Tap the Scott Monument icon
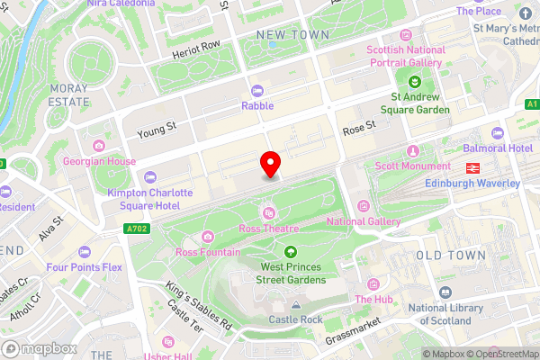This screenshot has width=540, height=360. pyautogui.click(x=413, y=150)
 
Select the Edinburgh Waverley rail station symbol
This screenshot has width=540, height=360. pyautogui.click(x=471, y=167)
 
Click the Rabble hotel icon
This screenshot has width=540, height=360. pyautogui.click(x=257, y=91)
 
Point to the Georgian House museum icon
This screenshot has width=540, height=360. pyautogui.click(x=98, y=145)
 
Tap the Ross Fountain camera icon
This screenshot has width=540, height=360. pyautogui.click(x=208, y=237)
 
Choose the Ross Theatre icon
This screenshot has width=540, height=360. pyautogui.click(x=268, y=212)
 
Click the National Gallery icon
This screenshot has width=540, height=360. pyautogui.click(x=363, y=206)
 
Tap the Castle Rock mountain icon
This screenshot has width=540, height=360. pyautogui.click(x=297, y=306)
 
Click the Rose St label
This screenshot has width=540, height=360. pyautogui.click(x=357, y=130)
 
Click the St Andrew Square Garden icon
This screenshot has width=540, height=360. pyautogui.click(x=404, y=82)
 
